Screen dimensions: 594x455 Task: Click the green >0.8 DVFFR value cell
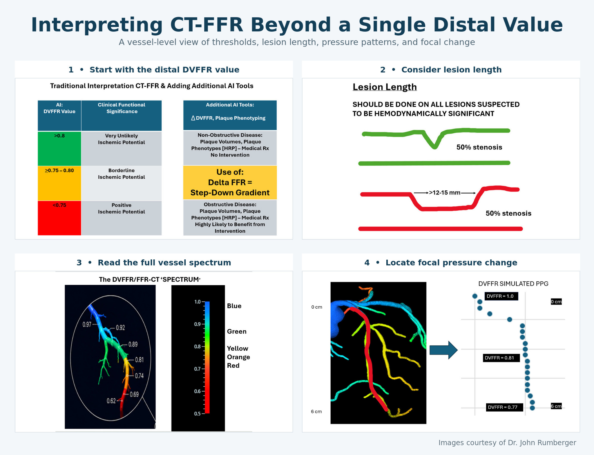click(59, 148)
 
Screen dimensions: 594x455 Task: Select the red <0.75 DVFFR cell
click(59, 218)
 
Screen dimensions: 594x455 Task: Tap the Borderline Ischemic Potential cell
click(122, 183)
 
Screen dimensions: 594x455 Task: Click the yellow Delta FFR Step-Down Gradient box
click(230, 182)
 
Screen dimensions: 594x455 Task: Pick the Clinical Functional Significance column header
click(122, 115)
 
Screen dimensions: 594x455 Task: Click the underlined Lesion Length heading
click(385, 87)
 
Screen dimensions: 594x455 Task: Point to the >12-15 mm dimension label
click(445, 193)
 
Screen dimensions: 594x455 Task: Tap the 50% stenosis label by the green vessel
click(479, 147)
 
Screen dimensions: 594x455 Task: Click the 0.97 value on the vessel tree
click(87, 325)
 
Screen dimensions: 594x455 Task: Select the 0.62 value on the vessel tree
click(111, 401)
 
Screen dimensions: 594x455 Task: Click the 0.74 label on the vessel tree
click(139, 376)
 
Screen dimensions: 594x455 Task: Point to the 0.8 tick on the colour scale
click(197, 347)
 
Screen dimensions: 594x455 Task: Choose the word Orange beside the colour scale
click(238, 357)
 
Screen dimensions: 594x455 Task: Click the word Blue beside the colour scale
click(234, 306)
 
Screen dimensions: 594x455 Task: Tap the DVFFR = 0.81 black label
click(501, 358)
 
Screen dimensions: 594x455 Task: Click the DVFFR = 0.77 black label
click(505, 407)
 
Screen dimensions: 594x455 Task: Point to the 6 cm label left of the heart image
click(316, 412)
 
